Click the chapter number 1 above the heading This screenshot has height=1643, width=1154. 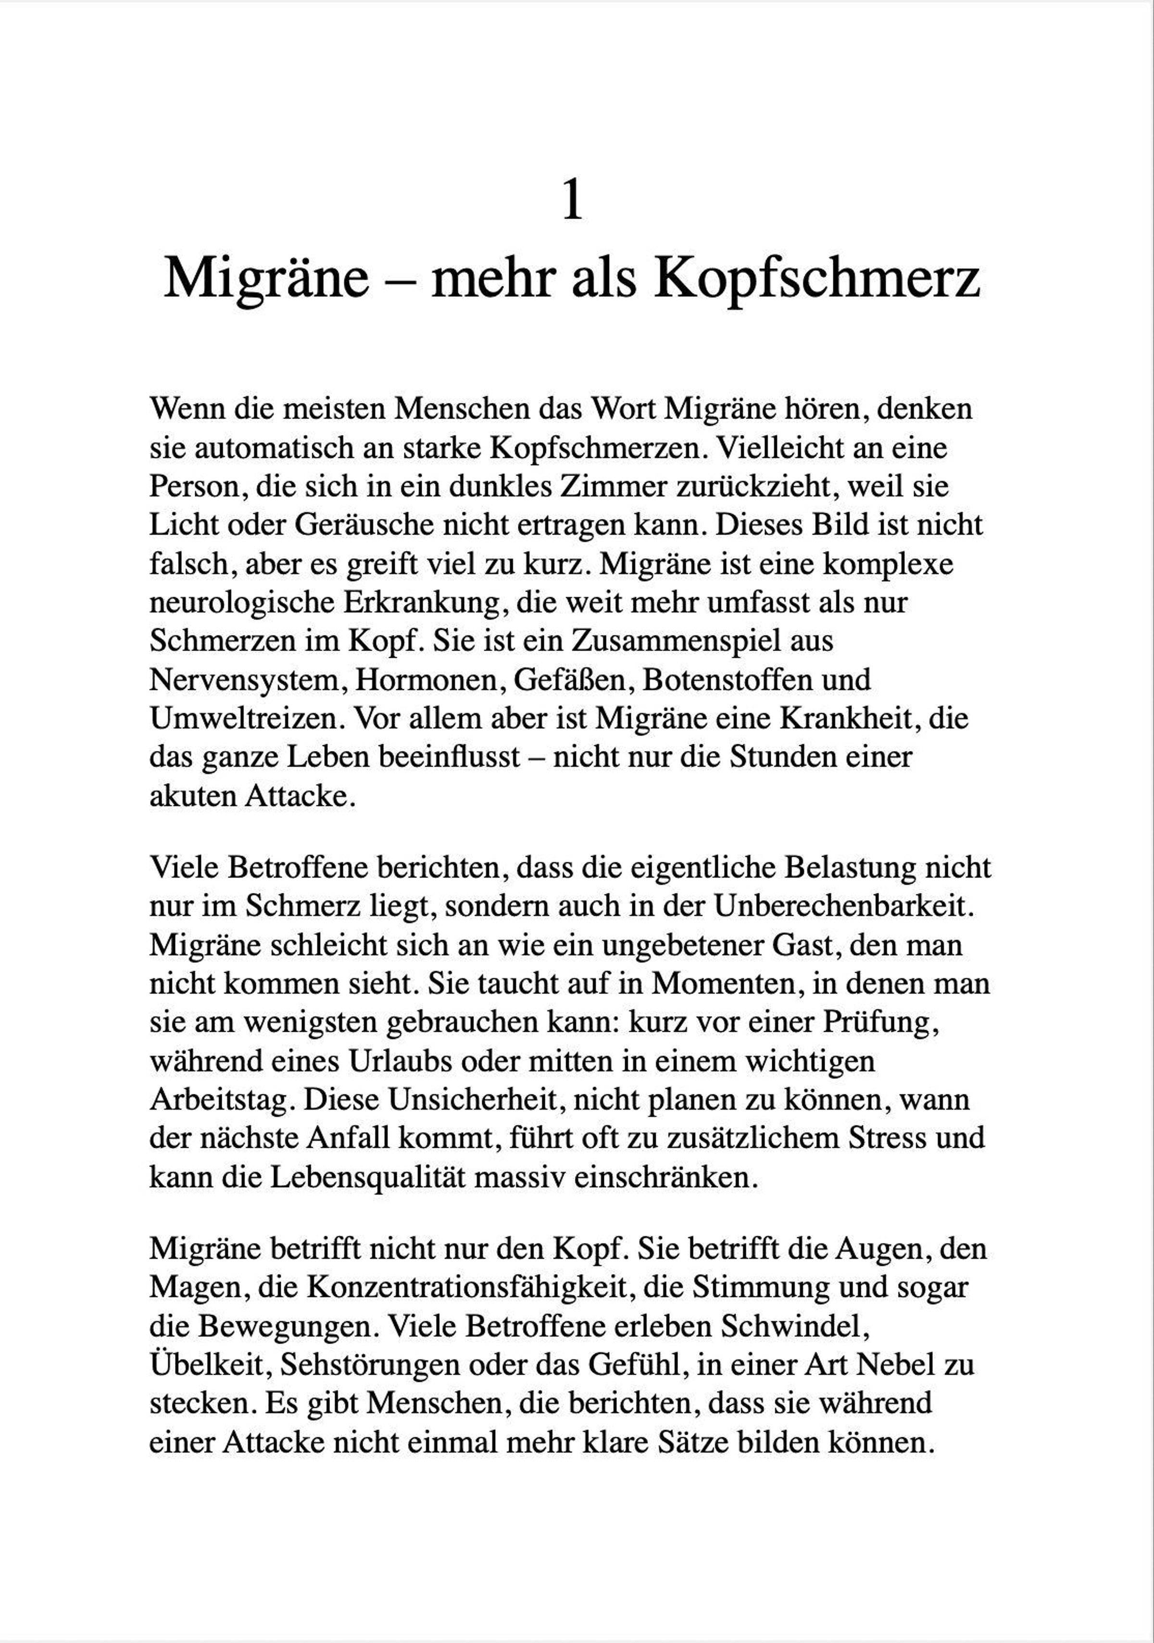(572, 201)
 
